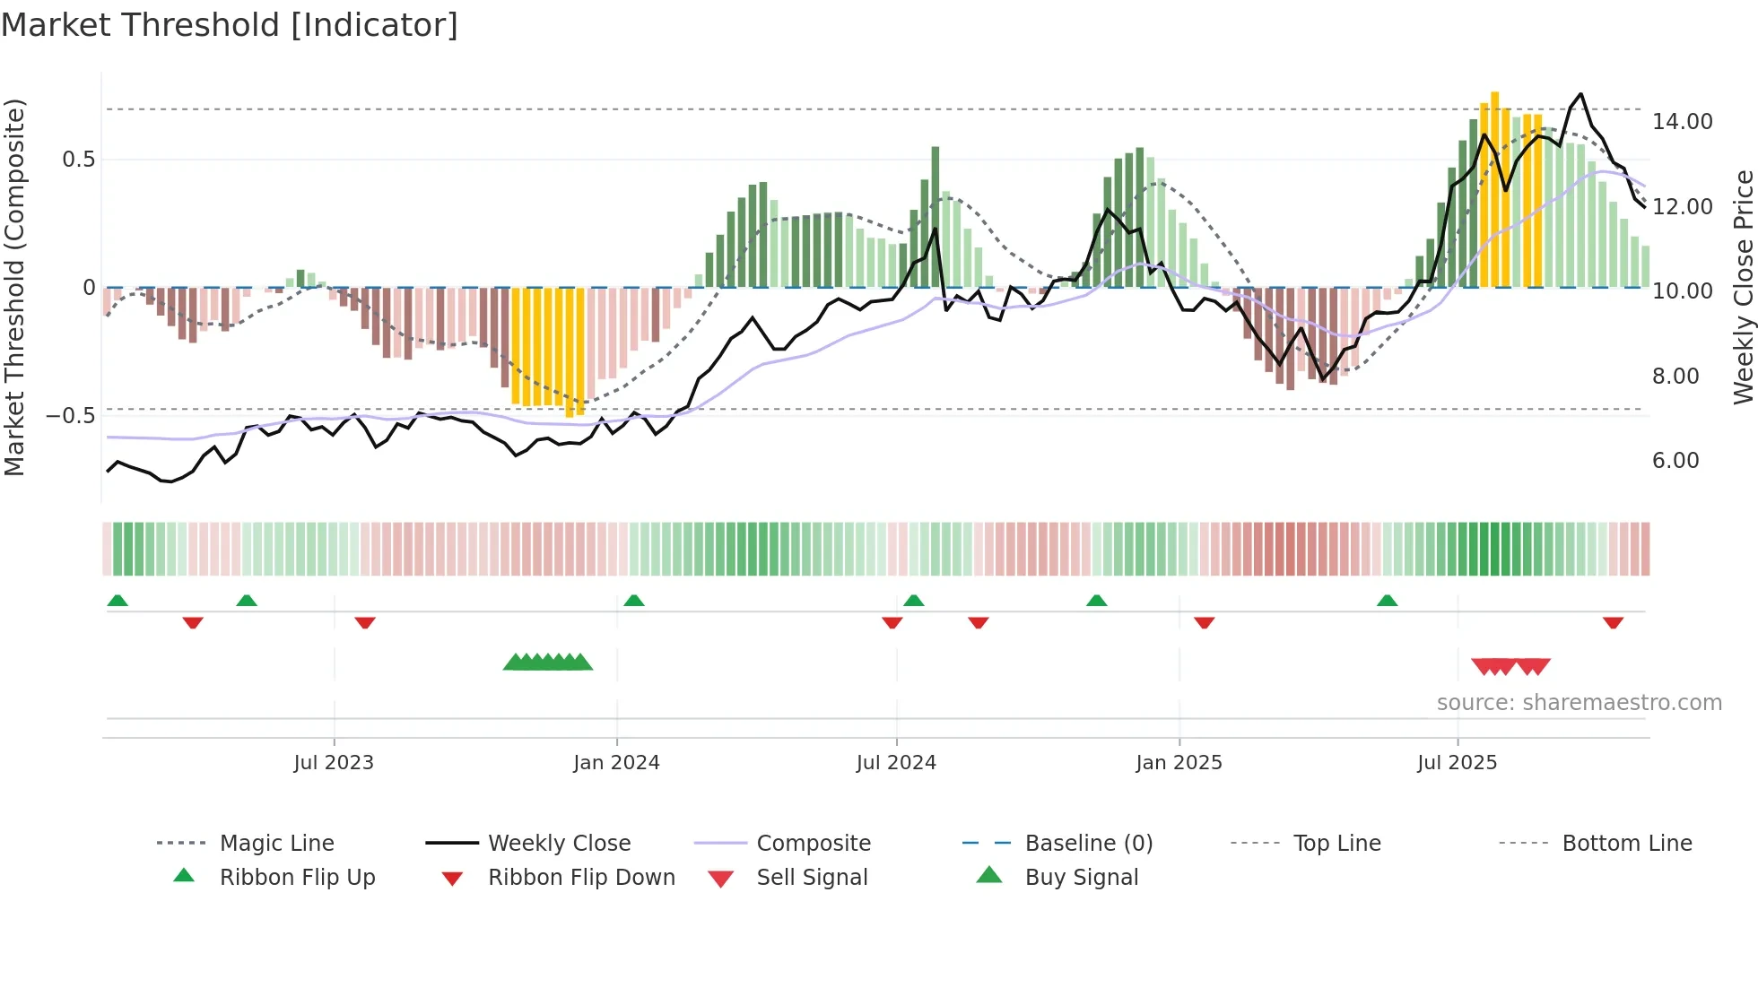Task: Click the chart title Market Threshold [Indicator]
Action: pyautogui.click(x=230, y=25)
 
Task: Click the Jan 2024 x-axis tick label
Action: pyautogui.click(x=616, y=763)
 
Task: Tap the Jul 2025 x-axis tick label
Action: pyautogui.click(x=1457, y=763)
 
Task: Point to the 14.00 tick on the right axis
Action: pyautogui.click(x=1682, y=122)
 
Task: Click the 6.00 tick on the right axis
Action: pyautogui.click(x=1675, y=461)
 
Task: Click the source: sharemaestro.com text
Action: pyautogui.click(x=1579, y=703)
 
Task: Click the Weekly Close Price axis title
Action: pyautogui.click(x=1743, y=287)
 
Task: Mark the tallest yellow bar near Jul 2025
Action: pyautogui.click(x=1494, y=188)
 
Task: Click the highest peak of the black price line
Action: pyautogui.click(x=1580, y=94)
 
